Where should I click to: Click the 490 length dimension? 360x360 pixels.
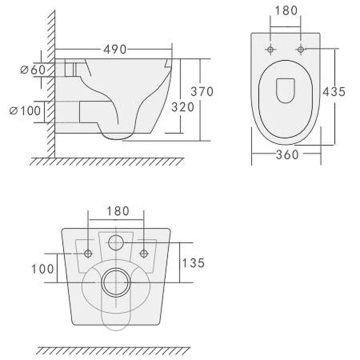point(115,49)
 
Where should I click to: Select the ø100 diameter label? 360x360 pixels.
point(25,111)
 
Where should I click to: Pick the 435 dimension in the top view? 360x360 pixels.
point(333,91)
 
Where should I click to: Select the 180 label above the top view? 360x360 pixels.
point(286,10)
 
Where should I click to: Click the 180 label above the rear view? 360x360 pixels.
point(117,211)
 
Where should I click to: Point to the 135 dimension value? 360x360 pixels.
point(193,262)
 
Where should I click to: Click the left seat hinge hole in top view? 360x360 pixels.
point(270,49)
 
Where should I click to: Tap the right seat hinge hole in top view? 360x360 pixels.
point(301,49)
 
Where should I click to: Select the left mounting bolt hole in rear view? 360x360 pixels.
point(88,254)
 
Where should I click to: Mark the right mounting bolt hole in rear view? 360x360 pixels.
point(144,254)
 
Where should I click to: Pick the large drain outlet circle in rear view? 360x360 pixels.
point(116,282)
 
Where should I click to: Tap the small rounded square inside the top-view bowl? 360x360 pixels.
point(285,90)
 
